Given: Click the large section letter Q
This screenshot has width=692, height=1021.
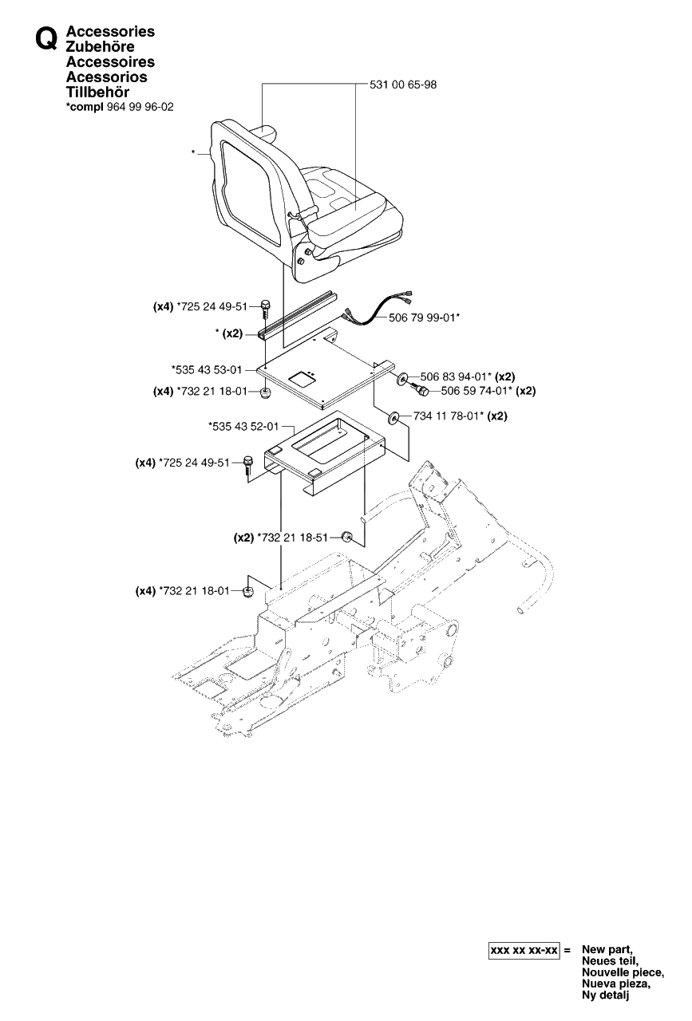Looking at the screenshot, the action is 46,40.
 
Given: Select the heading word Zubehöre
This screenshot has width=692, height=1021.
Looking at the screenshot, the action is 100,46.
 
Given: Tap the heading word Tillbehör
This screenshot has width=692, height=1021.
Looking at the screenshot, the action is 97,92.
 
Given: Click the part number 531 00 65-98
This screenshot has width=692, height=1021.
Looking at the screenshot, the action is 403,85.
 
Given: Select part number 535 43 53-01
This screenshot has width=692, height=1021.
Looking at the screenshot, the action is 208,369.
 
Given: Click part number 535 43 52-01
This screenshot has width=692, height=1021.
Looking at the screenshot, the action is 245,427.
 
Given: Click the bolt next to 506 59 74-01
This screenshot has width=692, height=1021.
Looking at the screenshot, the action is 420,390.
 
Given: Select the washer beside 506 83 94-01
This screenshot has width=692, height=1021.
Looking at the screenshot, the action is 403,378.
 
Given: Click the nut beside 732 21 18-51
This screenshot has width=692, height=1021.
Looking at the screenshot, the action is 346,538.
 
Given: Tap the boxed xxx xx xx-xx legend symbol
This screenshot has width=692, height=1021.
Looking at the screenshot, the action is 524,950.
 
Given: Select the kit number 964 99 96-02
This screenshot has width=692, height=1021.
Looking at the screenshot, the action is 140,107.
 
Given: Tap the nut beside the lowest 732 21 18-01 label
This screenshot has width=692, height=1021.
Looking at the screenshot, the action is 248,592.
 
